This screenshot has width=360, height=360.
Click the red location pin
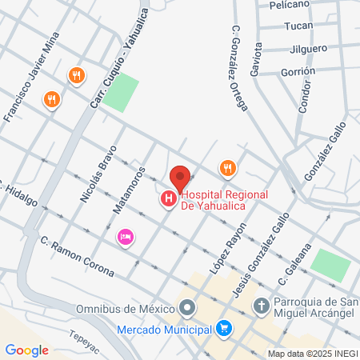(180, 177)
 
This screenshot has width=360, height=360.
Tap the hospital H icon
(169, 198)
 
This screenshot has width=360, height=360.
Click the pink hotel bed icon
(125, 237)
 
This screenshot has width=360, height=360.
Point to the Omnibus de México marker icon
(188, 307)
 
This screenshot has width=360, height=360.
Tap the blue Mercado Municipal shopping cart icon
(225, 328)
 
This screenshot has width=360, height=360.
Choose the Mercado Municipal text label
(163, 329)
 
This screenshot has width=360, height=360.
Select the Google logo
(26, 350)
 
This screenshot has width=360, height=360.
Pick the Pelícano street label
(290, 5)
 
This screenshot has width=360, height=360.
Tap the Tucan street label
(299, 26)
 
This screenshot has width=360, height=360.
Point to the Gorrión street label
(298, 71)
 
